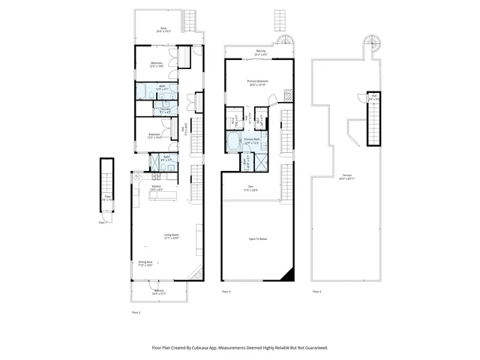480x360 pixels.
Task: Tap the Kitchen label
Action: (x=156, y=188)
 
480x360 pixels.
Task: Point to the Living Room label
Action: (x=171, y=237)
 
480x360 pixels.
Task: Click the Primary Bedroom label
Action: (x=257, y=83)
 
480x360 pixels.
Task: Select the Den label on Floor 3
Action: (x=250, y=188)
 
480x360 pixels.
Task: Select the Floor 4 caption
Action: (x=316, y=291)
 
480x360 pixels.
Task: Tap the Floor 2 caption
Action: (x=136, y=310)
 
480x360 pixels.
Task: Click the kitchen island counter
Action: (x=163, y=196)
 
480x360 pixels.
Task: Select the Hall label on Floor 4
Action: (x=373, y=97)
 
